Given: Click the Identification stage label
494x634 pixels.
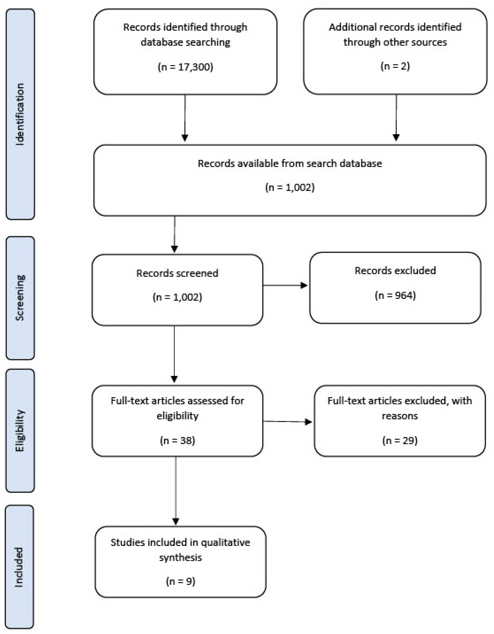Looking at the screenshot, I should (x=20, y=114).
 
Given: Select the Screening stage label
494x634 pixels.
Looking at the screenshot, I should (x=20, y=298).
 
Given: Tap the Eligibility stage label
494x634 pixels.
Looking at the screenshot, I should (x=20, y=430).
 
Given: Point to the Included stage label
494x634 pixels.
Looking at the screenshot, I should (x=19, y=567).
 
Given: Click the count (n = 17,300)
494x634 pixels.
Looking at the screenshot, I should (x=185, y=67).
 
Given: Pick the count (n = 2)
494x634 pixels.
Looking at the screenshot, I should (x=395, y=66).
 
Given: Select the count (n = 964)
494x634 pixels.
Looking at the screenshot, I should (x=395, y=295).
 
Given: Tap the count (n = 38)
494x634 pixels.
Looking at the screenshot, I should (x=177, y=440).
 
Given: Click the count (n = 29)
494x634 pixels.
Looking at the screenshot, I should (x=400, y=440).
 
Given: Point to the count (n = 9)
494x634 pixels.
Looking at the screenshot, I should (x=180, y=581).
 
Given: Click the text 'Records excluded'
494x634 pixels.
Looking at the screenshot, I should (x=395, y=271).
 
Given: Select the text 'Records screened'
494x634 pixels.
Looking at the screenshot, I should (x=177, y=273).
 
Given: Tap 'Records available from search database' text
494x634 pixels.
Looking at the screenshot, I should (x=290, y=163).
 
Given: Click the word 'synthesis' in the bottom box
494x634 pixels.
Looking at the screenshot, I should (x=180, y=557).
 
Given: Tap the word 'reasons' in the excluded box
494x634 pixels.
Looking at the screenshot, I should (x=400, y=416).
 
